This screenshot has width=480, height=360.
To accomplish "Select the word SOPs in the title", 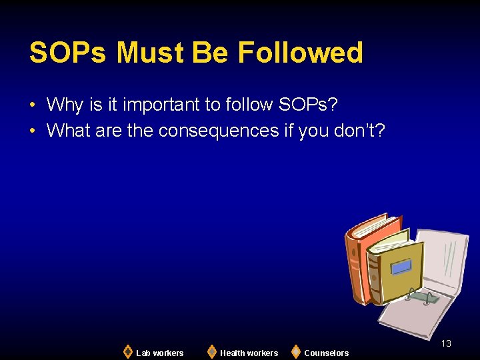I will click(x=68, y=53).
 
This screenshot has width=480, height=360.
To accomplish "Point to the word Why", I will click(x=65, y=105).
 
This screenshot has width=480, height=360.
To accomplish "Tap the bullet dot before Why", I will click(x=32, y=105).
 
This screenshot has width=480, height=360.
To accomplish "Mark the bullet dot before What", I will click(x=32, y=131).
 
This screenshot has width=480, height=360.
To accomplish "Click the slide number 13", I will click(x=446, y=343).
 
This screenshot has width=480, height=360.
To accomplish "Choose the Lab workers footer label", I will click(x=159, y=353).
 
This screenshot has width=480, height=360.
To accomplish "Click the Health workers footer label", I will click(x=249, y=353).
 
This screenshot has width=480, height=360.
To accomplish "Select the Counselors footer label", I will click(x=326, y=353).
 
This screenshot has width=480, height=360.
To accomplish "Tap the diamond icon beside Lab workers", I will click(x=128, y=351).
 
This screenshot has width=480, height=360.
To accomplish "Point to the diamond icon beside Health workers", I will click(x=211, y=351).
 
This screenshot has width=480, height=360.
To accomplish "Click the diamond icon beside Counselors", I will click(x=295, y=351).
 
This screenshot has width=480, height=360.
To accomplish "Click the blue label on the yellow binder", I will click(x=401, y=267).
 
